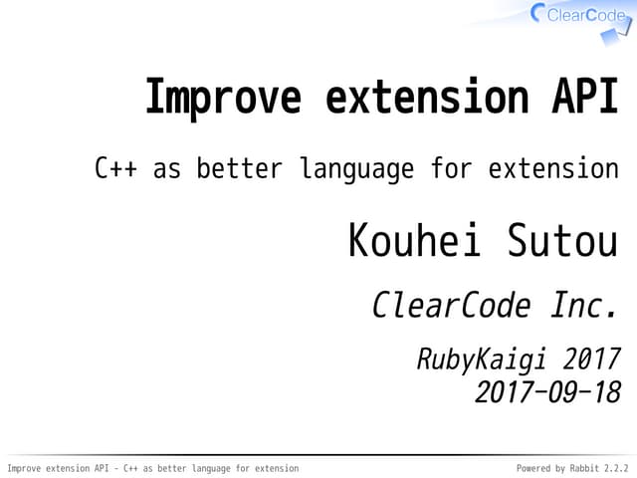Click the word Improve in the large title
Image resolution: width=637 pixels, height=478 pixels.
(222, 99)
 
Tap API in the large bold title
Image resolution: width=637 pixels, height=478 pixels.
(581, 99)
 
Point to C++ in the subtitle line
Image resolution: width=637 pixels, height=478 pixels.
(115, 168)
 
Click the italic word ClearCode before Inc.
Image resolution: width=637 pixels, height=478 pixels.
(451, 305)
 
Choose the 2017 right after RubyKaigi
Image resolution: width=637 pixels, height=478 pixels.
(590, 358)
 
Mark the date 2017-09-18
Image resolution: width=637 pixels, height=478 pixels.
(547, 392)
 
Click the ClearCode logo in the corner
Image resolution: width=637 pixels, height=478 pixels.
(577, 16)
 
